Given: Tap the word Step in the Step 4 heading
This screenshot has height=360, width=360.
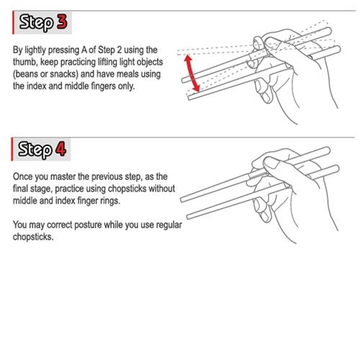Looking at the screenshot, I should tap(34, 150).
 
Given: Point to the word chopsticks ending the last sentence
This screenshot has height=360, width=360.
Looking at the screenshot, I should tap(33, 238).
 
